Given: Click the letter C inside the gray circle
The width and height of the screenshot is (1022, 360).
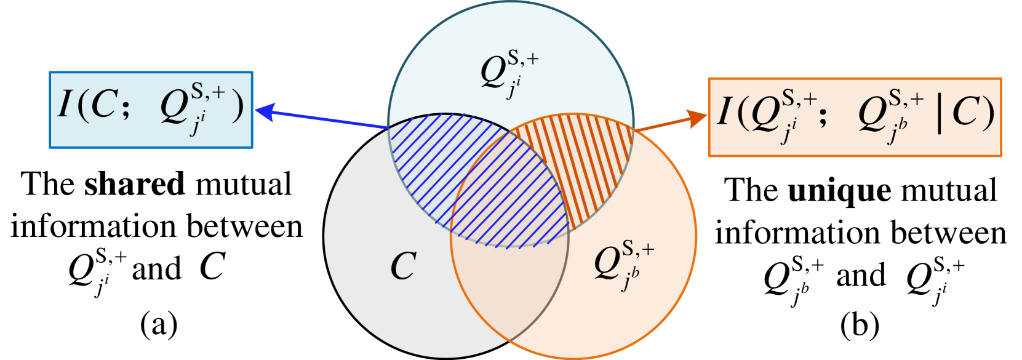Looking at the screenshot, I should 404,267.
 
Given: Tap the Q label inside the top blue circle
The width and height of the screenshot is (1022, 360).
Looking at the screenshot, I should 493,73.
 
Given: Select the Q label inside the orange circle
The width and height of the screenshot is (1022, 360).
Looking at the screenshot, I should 607,263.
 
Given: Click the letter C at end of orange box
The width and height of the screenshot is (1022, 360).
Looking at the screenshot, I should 967,113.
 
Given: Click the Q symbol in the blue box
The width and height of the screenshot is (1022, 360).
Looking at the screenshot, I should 174,108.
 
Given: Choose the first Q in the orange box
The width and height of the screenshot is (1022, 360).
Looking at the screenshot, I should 765,116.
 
